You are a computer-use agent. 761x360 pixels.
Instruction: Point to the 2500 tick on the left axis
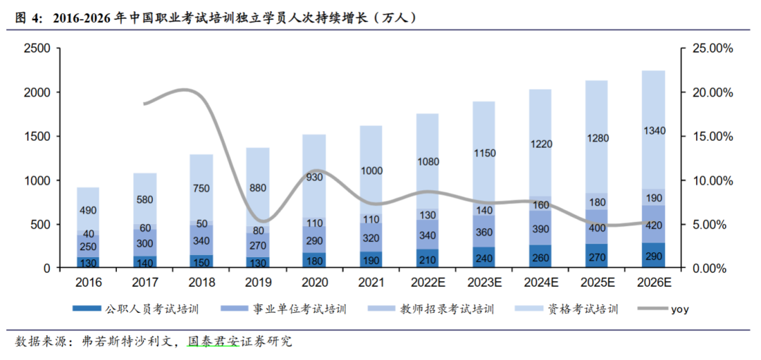coord(37,49)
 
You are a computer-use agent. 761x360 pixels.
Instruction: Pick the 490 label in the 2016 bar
coord(88,211)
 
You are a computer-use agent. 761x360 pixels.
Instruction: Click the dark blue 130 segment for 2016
coord(88,262)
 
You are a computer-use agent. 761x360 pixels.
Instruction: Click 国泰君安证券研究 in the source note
coord(240,342)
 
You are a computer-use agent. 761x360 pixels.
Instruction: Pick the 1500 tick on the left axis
coord(37,137)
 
